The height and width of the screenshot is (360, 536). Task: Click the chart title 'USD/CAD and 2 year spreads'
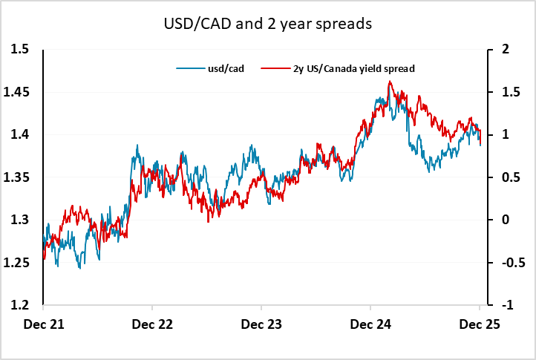267,24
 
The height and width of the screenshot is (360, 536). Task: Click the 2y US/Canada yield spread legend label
349,68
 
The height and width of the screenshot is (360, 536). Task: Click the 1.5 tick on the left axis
19,50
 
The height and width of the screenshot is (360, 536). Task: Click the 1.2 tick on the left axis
19,305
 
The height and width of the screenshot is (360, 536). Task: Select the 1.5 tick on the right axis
507,92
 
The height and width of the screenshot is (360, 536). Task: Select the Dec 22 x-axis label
151,324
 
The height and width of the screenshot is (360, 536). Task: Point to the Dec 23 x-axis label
261,324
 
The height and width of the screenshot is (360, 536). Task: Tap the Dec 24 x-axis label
370,324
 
